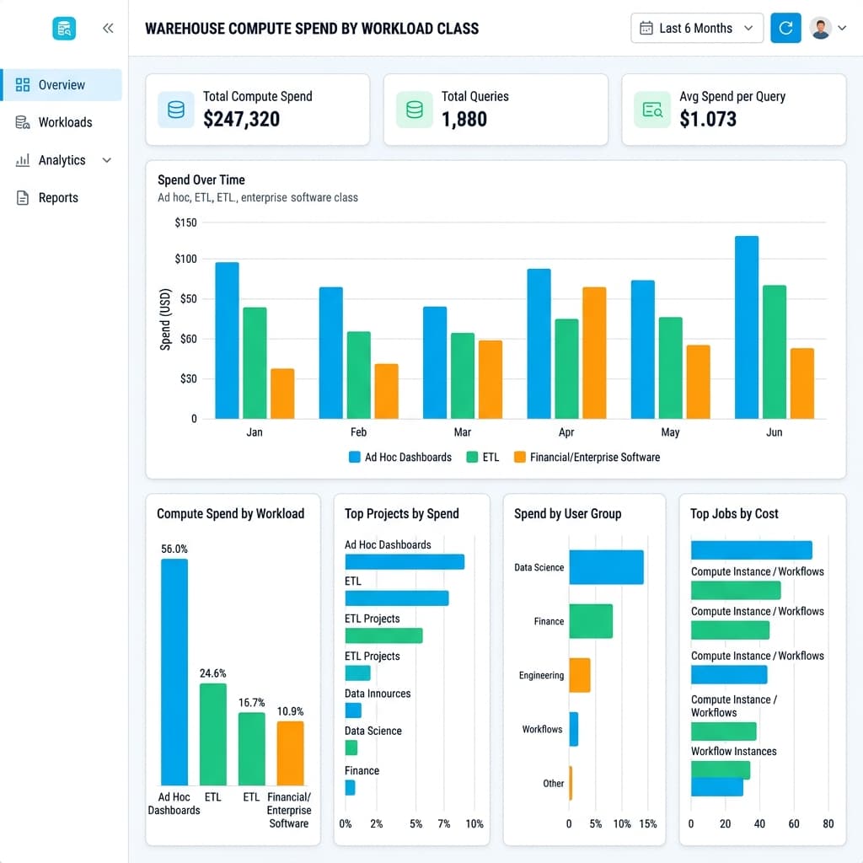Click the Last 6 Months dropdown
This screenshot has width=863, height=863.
696,28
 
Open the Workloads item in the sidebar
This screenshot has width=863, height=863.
65,122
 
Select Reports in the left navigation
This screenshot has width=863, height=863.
58,198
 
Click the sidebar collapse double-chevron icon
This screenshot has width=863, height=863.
108,28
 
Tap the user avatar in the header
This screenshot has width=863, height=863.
820,28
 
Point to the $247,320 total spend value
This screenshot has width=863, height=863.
241,119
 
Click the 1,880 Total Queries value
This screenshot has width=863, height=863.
464,119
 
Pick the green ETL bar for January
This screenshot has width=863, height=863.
255,362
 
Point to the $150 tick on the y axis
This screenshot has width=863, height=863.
185,222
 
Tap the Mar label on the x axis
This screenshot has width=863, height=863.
463,432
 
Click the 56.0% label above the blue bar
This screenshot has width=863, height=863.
174,549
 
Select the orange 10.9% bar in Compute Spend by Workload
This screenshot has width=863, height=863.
290,753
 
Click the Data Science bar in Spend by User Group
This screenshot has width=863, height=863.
606,567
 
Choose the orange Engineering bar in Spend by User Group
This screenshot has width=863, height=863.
579,675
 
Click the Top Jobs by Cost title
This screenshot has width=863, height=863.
734,513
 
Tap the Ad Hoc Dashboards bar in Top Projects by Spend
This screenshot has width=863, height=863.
405,561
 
